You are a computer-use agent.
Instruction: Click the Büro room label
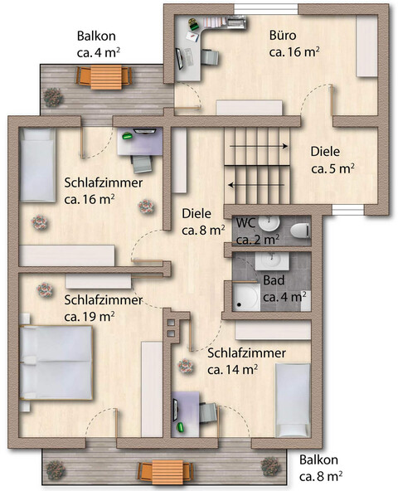pyautogui.click(x=283, y=36)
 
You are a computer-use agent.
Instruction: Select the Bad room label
pyautogui.click(x=274, y=280)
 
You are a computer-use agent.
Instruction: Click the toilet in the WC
pyautogui.click(x=301, y=229)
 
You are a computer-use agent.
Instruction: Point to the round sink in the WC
pyautogui.click(x=267, y=224)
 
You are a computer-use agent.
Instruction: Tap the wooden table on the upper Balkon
pyautogui.click(x=104, y=78)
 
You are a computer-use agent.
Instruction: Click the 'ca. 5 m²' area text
pyautogui.click(x=332, y=168)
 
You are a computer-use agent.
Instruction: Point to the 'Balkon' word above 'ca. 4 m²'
pyautogui.click(x=96, y=36)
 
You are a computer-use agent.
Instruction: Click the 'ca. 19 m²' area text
pyautogui.click(x=89, y=316)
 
